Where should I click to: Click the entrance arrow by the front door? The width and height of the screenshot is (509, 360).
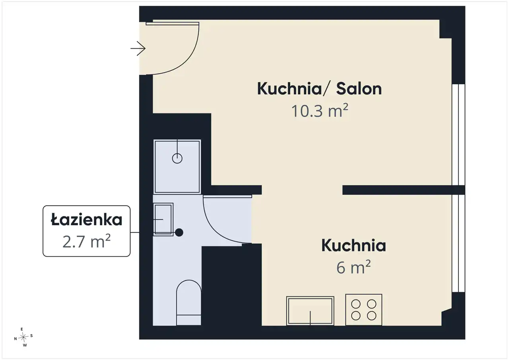coord(138,49)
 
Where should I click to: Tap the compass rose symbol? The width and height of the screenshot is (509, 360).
coord(23,337)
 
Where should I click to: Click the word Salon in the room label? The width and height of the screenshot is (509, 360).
coord(359,89)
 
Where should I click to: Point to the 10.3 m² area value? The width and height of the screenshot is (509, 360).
coord(319,111)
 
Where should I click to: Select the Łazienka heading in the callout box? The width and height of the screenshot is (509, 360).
coord(87,219)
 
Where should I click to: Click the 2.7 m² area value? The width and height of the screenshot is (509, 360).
coord(86,241)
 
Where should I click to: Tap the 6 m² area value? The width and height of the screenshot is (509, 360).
coord(354,267)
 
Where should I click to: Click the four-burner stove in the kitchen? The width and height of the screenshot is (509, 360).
coord(363,310)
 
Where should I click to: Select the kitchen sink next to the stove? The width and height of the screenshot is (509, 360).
coord(310,311)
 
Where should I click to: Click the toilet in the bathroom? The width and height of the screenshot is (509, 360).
coord(188,302)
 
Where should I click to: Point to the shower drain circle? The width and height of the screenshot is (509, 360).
coord(177,158)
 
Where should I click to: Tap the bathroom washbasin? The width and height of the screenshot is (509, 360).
coord(163,219)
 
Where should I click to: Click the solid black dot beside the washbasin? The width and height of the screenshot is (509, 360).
coord(179,232)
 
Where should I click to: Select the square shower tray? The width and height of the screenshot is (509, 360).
coord(177,167)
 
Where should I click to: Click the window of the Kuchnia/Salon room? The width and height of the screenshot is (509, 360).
coord(458,134)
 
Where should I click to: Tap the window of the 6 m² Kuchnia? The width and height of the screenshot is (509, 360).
coord(458,243)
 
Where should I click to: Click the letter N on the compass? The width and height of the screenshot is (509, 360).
coord(16,339)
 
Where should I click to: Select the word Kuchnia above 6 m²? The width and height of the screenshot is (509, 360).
coord(354,246)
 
